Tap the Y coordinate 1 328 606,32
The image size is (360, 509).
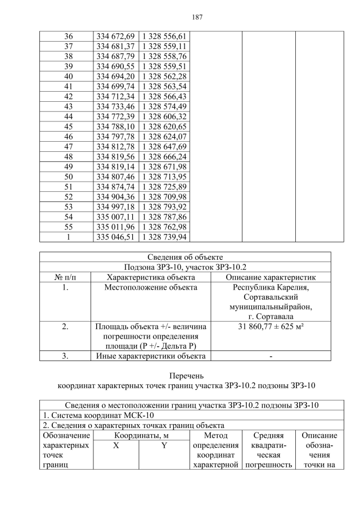tap(166, 116)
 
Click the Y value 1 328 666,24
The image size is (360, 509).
tap(166, 156)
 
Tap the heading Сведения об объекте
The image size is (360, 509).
tap(185, 257)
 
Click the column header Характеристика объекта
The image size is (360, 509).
tap(151, 277)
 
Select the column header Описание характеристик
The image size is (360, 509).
tap(271, 277)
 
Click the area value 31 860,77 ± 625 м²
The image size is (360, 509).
tap(271, 327)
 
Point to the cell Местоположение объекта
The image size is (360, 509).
tap(151, 287)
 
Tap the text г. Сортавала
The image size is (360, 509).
tap(271, 318)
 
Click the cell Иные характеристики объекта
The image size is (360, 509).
tap(151, 355)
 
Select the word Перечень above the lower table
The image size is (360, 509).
tap(185, 375)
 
